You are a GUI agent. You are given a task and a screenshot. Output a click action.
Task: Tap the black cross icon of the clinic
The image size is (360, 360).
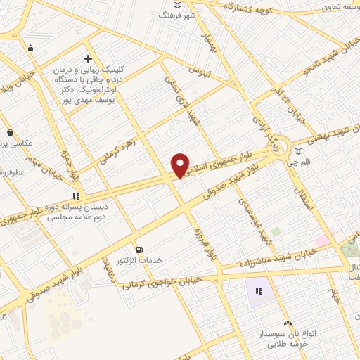coord(87,58)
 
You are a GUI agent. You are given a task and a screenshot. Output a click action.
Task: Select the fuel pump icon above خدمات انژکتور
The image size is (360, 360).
coord(139,249)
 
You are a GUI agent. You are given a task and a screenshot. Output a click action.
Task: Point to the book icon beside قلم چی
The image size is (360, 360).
coord(299,150)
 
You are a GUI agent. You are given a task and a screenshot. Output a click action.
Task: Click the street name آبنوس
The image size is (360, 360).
coord(199,71)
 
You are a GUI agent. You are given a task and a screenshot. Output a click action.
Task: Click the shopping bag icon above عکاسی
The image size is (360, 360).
coord(10,131)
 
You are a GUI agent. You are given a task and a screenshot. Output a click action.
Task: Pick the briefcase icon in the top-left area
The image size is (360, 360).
coord(30,49)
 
